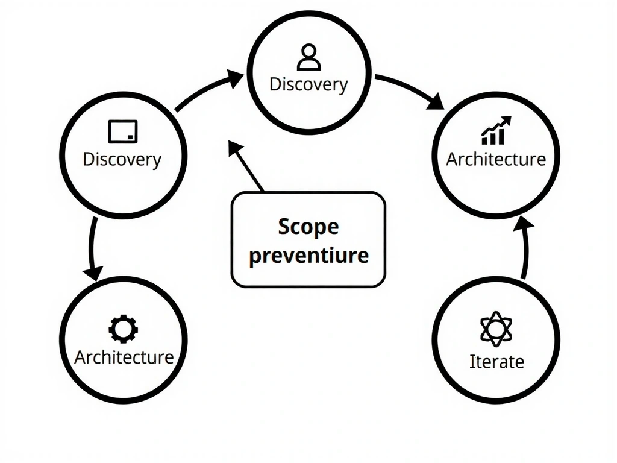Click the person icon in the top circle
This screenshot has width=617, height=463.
click(309, 58)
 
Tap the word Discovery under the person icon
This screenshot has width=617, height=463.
click(308, 84)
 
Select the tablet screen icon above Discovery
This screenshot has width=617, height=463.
click(123, 131)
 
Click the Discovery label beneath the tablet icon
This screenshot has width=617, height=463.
click(122, 159)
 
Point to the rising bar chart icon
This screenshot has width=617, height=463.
click(496, 131)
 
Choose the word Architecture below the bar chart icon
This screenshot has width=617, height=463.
click(496, 159)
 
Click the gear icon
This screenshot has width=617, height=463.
click(123, 329)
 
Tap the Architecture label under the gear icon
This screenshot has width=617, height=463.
click(124, 357)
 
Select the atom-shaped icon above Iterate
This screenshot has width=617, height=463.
click(496, 329)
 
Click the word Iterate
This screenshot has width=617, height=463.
click(496, 362)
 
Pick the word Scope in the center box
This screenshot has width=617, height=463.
click(308, 227)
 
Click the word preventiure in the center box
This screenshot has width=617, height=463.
click(308, 254)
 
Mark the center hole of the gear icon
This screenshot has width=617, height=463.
click(123, 329)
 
